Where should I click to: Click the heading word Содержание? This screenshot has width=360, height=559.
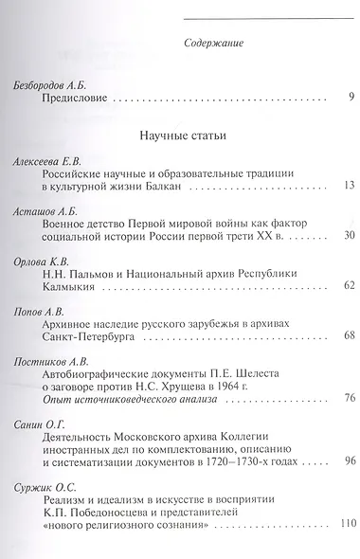click(211, 44)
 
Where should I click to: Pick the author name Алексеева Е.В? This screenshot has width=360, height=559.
click(46, 163)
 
